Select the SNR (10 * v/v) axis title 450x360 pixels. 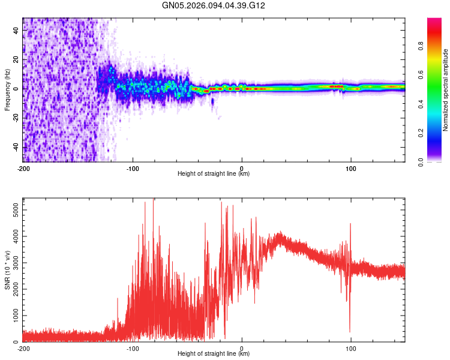(7, 271)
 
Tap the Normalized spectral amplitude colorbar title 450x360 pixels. (446, 90)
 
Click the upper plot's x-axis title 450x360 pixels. (214, 174)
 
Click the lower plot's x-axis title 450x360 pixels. (214, 354)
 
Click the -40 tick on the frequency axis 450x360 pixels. (14, 148)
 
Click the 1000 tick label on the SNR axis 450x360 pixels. (12, 316)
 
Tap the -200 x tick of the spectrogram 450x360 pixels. (23, 168)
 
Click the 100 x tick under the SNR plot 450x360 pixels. (351, 348)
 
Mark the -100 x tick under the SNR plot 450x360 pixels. (133, 348)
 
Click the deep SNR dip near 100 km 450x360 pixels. (350, 330)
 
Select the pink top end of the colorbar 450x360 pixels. (434, 21)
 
